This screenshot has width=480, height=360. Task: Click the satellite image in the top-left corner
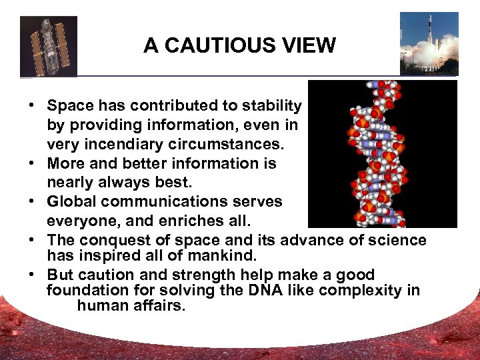click(x=49, y=46)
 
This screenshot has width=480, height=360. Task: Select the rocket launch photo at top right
click(x=429, y=43)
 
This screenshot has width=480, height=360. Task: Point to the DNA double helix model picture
click(x=382, y=154)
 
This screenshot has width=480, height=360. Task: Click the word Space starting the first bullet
click(x=67, y=105)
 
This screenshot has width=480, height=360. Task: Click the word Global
click(x=70, y=201)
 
